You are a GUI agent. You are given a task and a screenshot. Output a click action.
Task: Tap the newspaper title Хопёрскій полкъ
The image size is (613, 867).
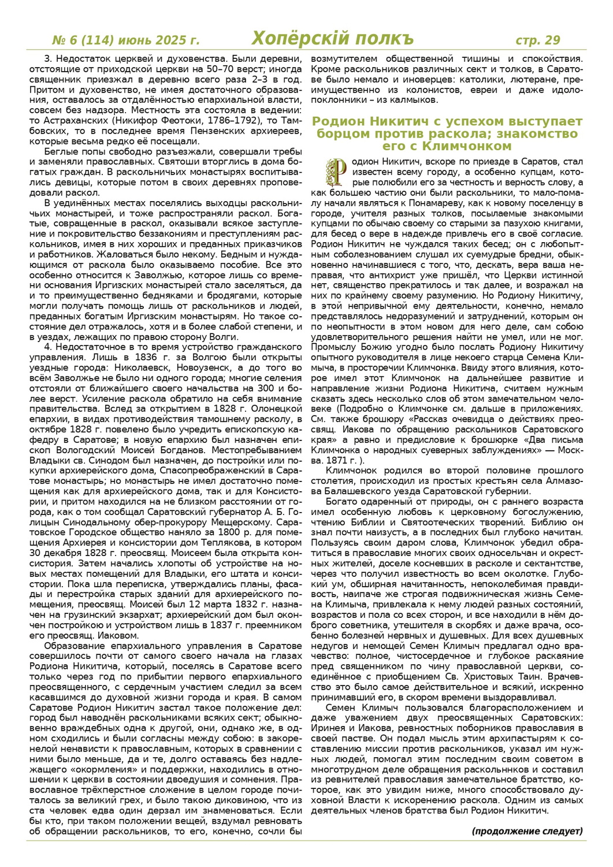point(333,38)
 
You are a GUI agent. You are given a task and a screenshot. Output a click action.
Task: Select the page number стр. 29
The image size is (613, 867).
point(537,40)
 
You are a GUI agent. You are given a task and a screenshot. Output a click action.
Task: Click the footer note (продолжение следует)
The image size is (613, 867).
point(527,831)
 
